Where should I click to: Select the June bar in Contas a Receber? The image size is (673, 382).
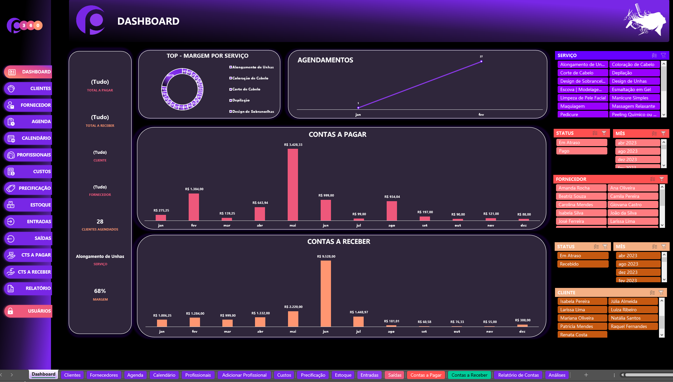point(326,293)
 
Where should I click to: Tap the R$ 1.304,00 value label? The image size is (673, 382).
point(194,189)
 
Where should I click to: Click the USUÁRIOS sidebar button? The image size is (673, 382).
point(28,311)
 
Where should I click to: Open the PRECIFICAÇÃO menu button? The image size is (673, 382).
point(28,188)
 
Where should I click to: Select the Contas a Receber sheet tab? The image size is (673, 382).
point(469,375)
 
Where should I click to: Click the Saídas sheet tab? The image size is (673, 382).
point(395,375)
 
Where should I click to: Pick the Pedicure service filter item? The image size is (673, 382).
point(582,114)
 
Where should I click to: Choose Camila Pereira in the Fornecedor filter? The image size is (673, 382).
point(632,196)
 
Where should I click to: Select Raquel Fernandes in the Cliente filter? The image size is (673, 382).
point(632,326)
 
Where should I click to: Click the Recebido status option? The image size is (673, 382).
point(582,264)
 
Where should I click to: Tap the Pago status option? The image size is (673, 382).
point(581,151)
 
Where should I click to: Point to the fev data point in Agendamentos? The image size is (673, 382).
point(481,61)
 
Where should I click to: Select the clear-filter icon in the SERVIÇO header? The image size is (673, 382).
point(663,55)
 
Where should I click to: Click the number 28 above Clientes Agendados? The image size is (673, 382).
point(100,222)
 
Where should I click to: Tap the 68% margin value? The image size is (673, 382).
point(100,291)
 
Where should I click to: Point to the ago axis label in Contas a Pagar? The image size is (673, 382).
point(392,226)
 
